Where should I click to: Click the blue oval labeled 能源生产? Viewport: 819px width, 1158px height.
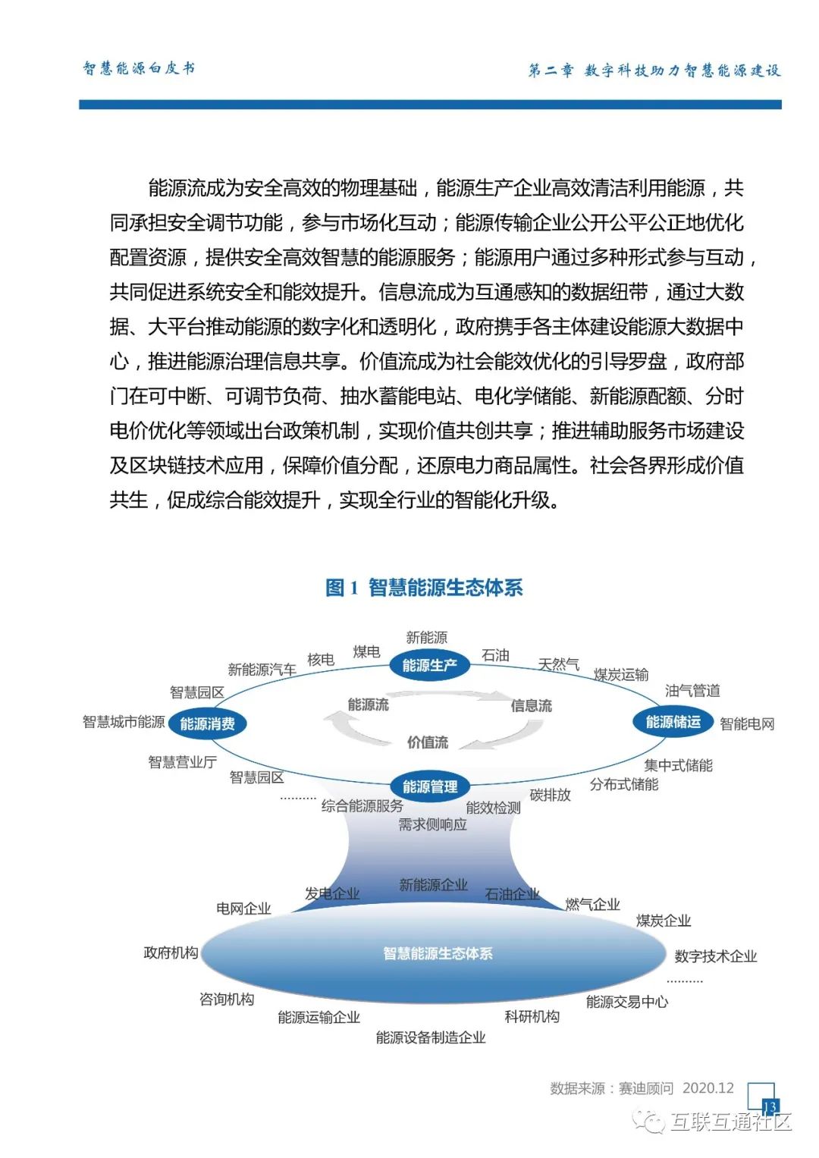pyautogui.click(x=430, y=665)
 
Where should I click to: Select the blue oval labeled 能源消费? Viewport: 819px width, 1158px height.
pyautogui.click(x=207, y=723)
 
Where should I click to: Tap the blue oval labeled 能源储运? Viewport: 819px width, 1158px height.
pyautogui.click(x=673, y=722)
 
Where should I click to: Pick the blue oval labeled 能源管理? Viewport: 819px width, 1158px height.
pyautogui.click(x=430, y=786)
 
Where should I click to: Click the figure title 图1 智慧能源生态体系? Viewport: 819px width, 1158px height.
pyautogui.click(x=424, y=588)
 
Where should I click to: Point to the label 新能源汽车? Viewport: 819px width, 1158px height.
pyautogui.click(x=262, y=670)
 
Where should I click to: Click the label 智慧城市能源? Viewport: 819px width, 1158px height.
pyautogui.click(x=124, y=722)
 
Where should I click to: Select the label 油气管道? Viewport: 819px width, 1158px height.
pyautogui.click(x=692, y=690)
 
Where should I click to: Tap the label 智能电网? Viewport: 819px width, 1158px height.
pyautogui.click(x=747, y=723)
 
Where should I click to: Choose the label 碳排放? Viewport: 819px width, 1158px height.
pyautogui.click(x=550, y=795)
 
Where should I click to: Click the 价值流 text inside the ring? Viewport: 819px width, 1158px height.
pyautogui.click(x=428, y=742)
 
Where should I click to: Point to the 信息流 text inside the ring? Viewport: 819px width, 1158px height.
pyautogui.click(x=531, y=706)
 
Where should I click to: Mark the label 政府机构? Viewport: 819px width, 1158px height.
pyautogui.click(x=171, y=952)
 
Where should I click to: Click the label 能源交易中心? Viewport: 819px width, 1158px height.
pyautogui.click(x=627, y=1002)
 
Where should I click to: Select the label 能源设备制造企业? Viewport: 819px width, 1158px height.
pyautogui.click(x=431, y=1037)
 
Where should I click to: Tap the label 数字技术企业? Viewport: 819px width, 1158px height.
pyautogui.click(x=716, y=956)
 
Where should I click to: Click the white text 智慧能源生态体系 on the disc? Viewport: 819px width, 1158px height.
pyautogui.click(x=438, y=953)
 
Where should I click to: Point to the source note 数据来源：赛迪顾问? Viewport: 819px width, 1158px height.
pyautogui.click(x=611, y=1088)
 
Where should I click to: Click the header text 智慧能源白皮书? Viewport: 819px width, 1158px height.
pyautogui.click(x=139, y=68)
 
